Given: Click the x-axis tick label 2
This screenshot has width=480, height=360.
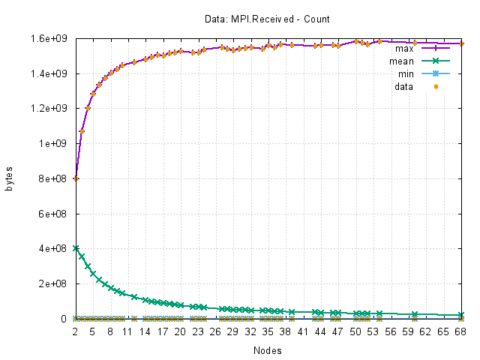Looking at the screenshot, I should [75, 331].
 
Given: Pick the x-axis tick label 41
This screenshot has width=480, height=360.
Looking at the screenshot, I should [303, 331].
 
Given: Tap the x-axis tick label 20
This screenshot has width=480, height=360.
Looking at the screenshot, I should [180, 331].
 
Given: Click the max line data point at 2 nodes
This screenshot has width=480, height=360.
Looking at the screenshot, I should [76, 178].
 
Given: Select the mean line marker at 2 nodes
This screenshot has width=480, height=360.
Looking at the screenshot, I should [76, 248].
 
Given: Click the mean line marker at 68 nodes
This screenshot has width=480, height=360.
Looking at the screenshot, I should [462, 315].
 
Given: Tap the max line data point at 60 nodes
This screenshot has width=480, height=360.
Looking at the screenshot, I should [415, 43].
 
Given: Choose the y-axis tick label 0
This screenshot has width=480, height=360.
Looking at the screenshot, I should [65, 319].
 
